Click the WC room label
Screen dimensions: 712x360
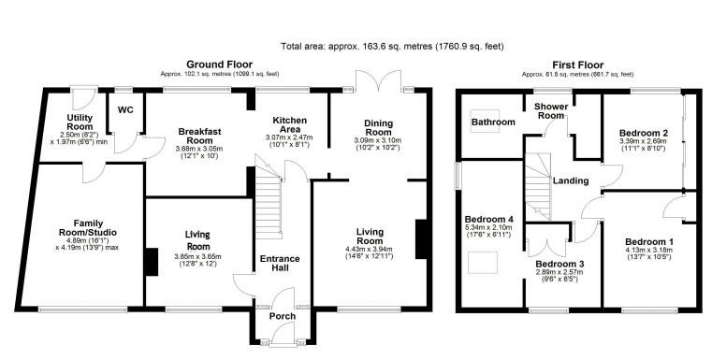click(125, 110)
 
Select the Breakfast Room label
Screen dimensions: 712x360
click(200, 137)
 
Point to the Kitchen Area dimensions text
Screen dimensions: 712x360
click(289, 141)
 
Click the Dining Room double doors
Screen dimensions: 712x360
click(379, 81)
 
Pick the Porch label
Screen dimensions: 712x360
click(283, 316)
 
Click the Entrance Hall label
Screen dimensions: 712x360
click(280, 264)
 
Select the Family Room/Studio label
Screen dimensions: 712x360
click(88, 228)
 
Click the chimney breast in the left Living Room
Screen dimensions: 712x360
click(152, 262)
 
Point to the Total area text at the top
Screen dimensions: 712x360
click(392, 47)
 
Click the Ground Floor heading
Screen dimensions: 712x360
click(219, 65)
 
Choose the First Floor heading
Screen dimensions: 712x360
click(577, 65)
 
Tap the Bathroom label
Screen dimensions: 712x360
click(493, 122)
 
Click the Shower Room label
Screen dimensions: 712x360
click(551, 111)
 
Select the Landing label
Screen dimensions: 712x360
click(571, 180)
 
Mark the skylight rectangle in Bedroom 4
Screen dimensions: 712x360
click(483, 264)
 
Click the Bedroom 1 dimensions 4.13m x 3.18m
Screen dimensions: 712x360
click(649, 250)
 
